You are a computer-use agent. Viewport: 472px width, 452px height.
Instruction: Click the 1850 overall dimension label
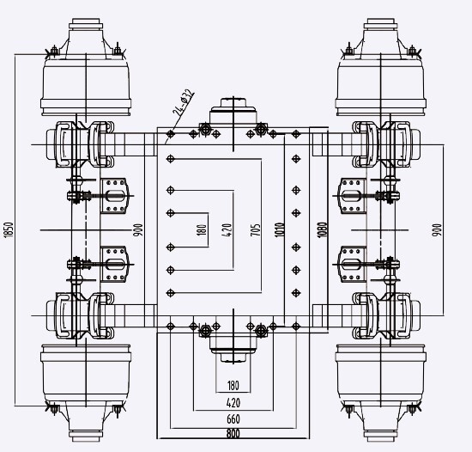click(9, 230)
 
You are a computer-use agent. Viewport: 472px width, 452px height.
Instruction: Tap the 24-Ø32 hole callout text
click(183, 102)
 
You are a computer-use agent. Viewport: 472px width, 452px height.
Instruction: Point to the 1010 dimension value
click(280, 229)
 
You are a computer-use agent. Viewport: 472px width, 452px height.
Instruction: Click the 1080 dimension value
click(322, 229)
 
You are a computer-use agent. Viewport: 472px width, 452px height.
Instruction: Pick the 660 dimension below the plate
click(233, 418)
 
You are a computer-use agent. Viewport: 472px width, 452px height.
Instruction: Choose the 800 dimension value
click(233, 433)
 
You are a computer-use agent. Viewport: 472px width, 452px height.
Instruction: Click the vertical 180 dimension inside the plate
click(203, 229)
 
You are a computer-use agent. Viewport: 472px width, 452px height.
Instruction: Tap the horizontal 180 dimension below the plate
click(233, 386)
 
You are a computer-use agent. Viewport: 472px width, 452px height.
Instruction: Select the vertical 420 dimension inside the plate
click(228, 229)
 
